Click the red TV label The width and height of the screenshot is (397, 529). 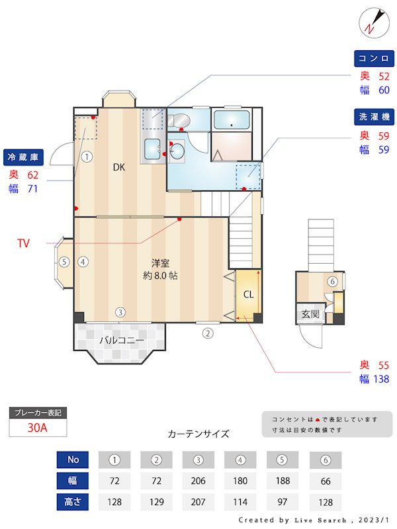pyautogui.click(x=24, y=244)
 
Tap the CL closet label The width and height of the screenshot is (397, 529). pyautogui.click(x=247, y=294)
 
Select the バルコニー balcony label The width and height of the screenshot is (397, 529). pyautogui.click(x=119, y=341)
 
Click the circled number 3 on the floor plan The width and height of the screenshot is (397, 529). pyautogui.click(x=120, y=312)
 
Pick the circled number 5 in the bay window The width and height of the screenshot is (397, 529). pyautogui.click(x=64, y=262)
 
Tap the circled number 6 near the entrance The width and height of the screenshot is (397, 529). pyautogui.click(x=332, y=282)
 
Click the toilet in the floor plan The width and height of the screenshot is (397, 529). pyautogui.click(x=179, y=120)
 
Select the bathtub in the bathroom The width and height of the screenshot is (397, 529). pyautogui.click(x=232, y=120)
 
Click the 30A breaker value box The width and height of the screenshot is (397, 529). pyautogui.click(x=38, y=428)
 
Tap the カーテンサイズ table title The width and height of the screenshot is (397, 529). pyautogui.click(x=198, y=434)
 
